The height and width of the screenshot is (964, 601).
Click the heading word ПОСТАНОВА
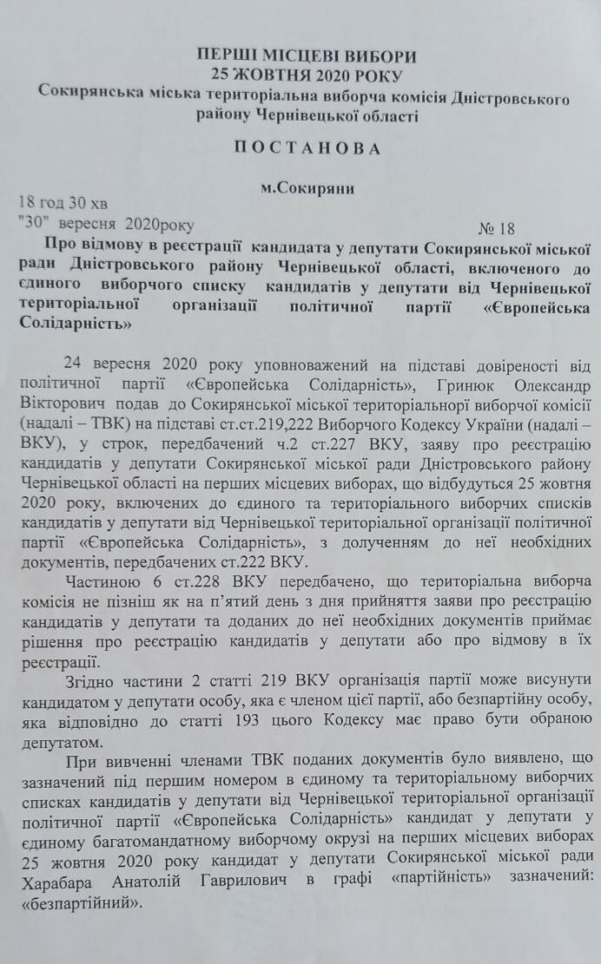(307, 148)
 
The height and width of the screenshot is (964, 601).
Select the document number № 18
(496, 229)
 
